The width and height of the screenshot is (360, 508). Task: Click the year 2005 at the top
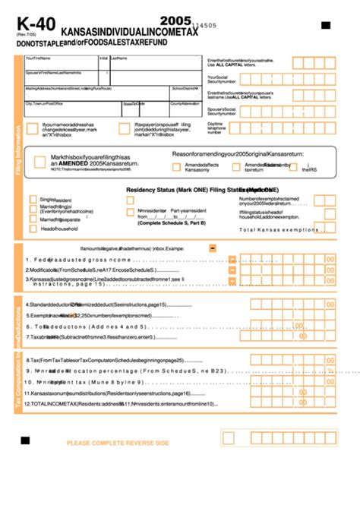(x=176, y=22)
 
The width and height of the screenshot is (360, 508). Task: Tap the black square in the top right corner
(x=326, y=26)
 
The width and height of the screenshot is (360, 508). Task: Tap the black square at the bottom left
(x=25, y=440)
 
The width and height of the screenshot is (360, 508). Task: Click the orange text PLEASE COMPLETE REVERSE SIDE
(x=118, y=443)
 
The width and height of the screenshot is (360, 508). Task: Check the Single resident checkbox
(x=33, y=200)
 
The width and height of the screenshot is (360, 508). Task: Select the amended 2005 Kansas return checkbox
(x=39, y=161)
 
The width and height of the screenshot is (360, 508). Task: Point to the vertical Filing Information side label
(x=19, y=151)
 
